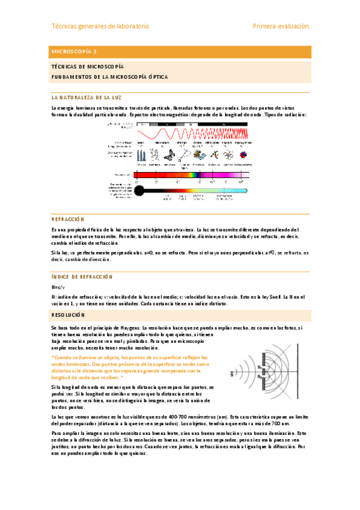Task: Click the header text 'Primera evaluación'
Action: pyautogui.click(x=281, y=26)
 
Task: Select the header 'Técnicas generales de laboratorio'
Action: pyautogui.click(x=100, y=26)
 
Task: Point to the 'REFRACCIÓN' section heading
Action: pyautogui.click(x=68, y=220)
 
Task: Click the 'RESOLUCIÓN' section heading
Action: pyautogui.click(x=69, y=315)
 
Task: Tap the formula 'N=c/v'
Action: pyautogui.click(x=59, y=287)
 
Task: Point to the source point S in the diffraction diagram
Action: pyautogui.click(x=233, y=372)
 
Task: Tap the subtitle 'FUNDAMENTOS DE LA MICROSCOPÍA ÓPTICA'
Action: pyautogui.click(x=109, y=78)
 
